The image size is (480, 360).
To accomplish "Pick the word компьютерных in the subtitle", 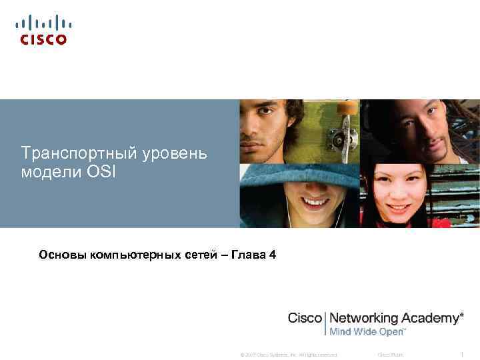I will click(134, 254).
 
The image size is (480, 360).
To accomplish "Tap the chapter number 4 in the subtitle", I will click(273, 254).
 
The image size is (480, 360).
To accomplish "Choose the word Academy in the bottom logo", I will click(430, 318).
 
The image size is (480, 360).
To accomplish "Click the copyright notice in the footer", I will click(289, 354).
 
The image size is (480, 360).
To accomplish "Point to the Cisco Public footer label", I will click(390, 354).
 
